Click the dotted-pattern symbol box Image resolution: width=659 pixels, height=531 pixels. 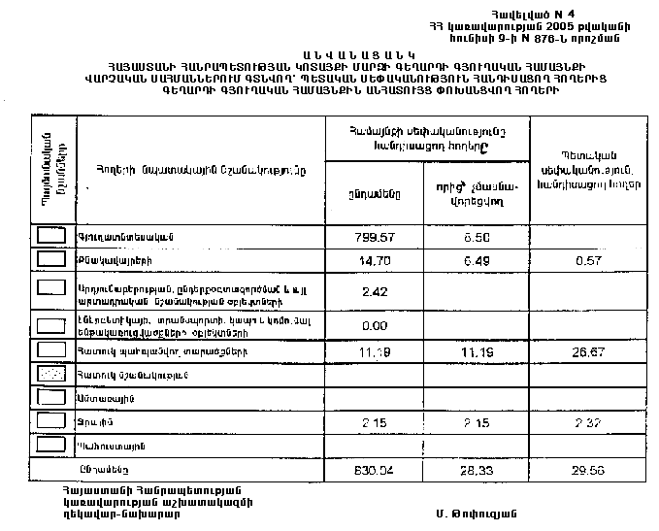click(x=51, y=373)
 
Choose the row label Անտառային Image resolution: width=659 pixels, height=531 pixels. click(x=100, y=397)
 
